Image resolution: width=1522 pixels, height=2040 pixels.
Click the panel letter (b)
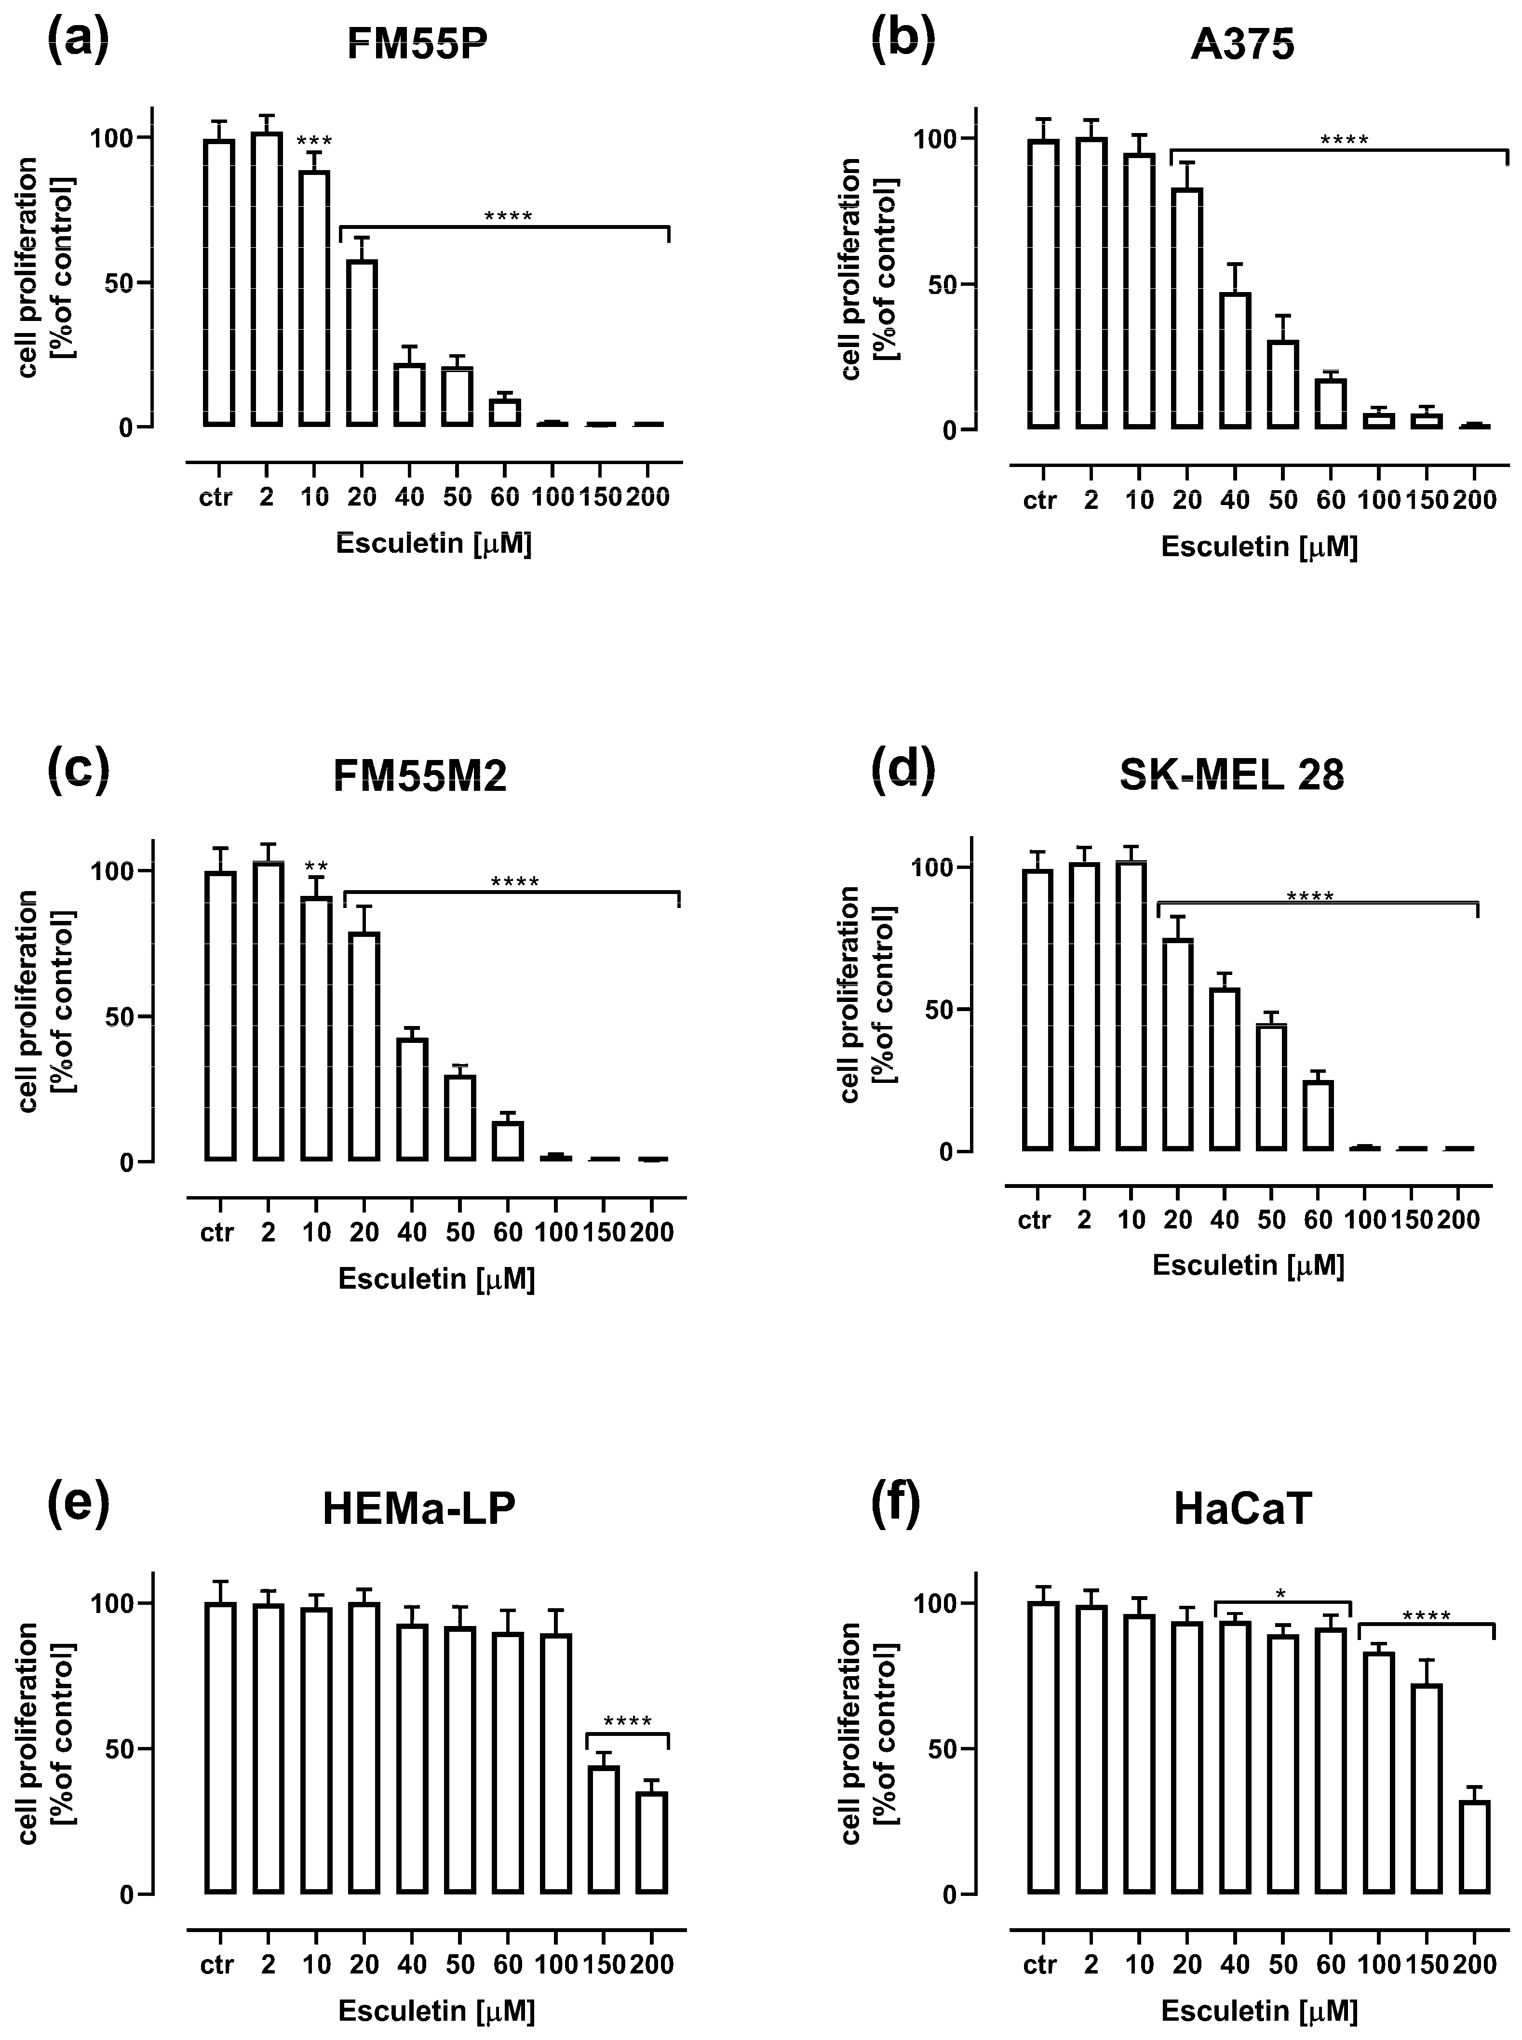coord(903,39)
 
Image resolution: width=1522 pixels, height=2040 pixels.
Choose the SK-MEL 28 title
coord(1232,775)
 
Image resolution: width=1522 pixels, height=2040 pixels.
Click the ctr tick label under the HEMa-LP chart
coord(217,1964)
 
